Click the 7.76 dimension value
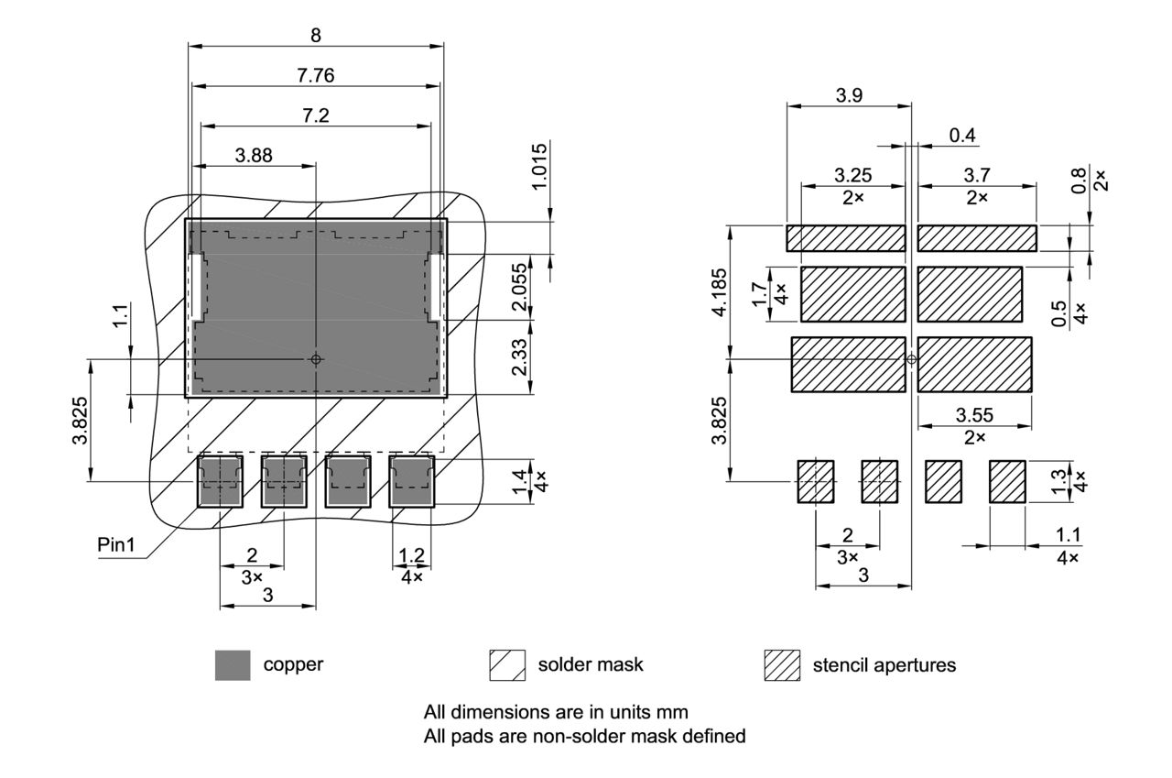click(315, 76)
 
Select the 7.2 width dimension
click(315, 115)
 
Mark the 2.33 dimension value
click(519, 357)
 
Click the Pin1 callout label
click(116, 545)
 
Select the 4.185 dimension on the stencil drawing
click(720, 292)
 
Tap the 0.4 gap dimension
click(962, 136)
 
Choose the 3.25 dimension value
click(852, 174)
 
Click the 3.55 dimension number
click(974, 415)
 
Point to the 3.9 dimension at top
click(849, 95)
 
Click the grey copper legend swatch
click(233, 665)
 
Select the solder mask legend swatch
click(507, 665)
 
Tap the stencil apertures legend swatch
click(781, 665)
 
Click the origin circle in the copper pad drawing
click(316, 359)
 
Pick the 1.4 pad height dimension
click(519, 480)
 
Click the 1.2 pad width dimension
click(411, 555)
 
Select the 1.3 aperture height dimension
click(1060, 481)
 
